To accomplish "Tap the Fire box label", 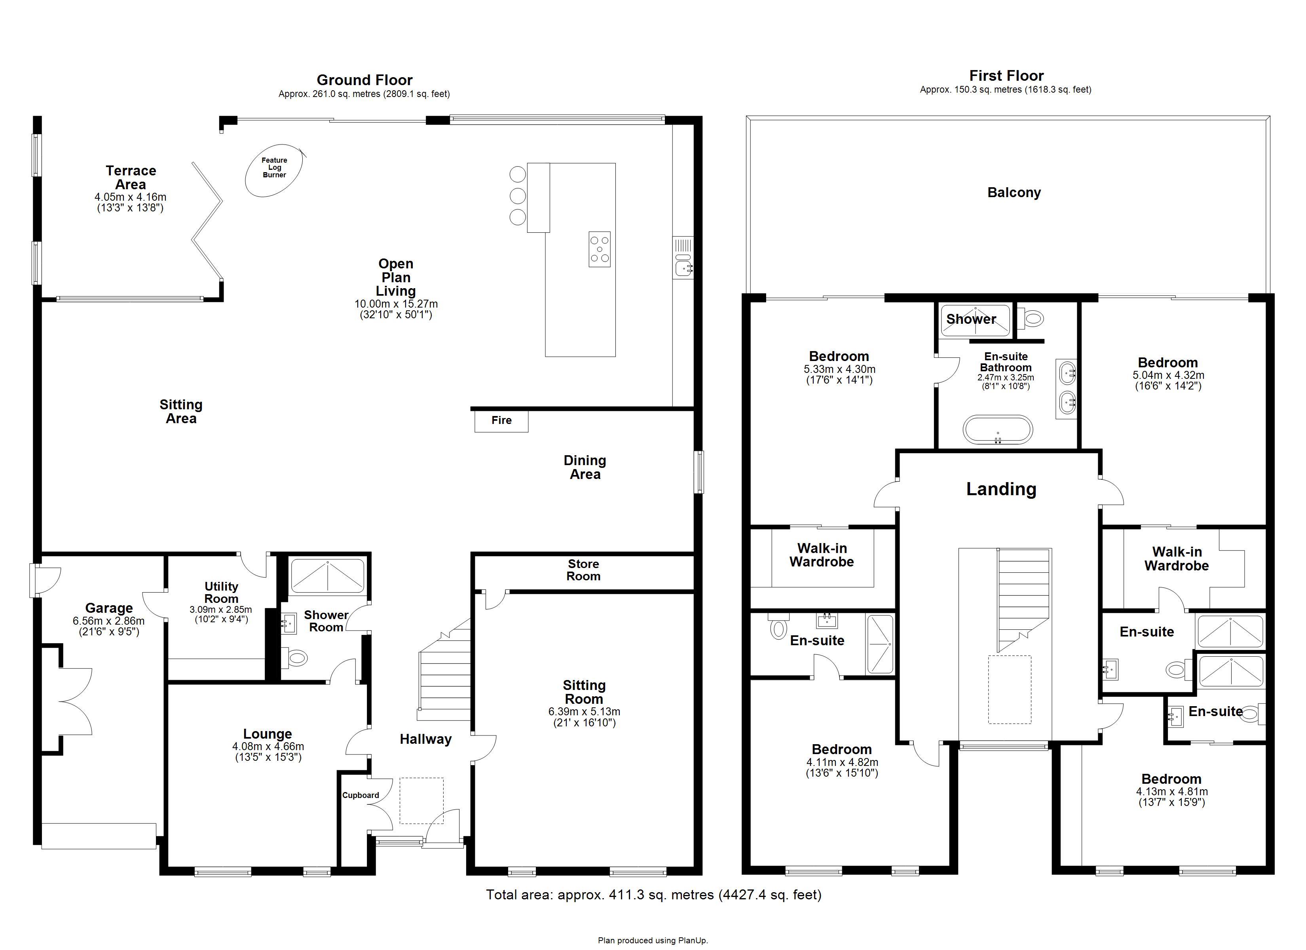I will click(501, 420).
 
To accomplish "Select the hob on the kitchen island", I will click(600, 249).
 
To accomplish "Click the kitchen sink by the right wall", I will click(683, 267).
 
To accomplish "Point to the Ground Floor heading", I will click(364, 80).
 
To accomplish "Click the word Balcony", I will click(1014, 192).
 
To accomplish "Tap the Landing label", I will click(1001, 489).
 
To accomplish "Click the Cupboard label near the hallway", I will click(361, 795).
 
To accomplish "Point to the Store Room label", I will click(583, 570).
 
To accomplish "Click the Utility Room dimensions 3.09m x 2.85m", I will click(220, 610).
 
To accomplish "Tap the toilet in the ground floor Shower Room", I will click(297, 657).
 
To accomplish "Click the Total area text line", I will click(653, 895).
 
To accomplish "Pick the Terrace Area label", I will click(131, 177).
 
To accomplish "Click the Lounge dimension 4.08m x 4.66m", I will click(268, 746).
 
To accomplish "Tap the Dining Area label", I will click(585, 467).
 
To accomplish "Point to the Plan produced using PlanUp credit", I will click(653, 940).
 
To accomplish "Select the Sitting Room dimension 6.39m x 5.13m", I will click(584, 711).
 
